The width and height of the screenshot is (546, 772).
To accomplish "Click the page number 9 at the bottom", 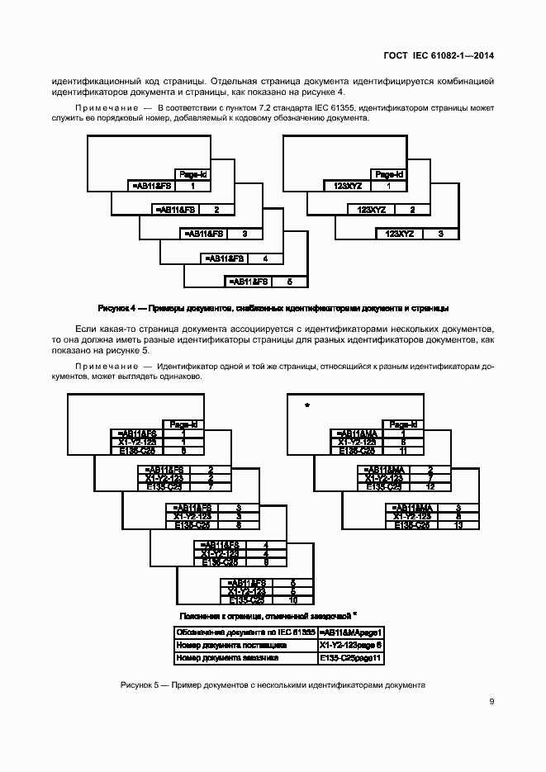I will point(491,702).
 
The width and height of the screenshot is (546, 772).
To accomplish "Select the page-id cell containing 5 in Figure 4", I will point(289,282).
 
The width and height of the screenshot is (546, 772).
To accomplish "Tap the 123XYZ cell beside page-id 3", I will point(400,234).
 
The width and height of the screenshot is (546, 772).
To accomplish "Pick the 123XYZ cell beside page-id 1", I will point(344,186).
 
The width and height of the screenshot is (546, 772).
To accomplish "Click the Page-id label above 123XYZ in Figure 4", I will point(388,174).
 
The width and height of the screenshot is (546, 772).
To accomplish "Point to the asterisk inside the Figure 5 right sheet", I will point(306,405).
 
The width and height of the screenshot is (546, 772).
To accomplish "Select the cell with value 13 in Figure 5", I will point(458,525).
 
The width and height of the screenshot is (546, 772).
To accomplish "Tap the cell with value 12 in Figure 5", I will point(430,487).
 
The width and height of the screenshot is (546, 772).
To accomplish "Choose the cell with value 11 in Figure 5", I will point(402,451).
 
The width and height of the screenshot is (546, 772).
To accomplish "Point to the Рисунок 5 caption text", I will point(273,685).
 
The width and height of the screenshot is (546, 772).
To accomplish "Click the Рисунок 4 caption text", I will point(273,308).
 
